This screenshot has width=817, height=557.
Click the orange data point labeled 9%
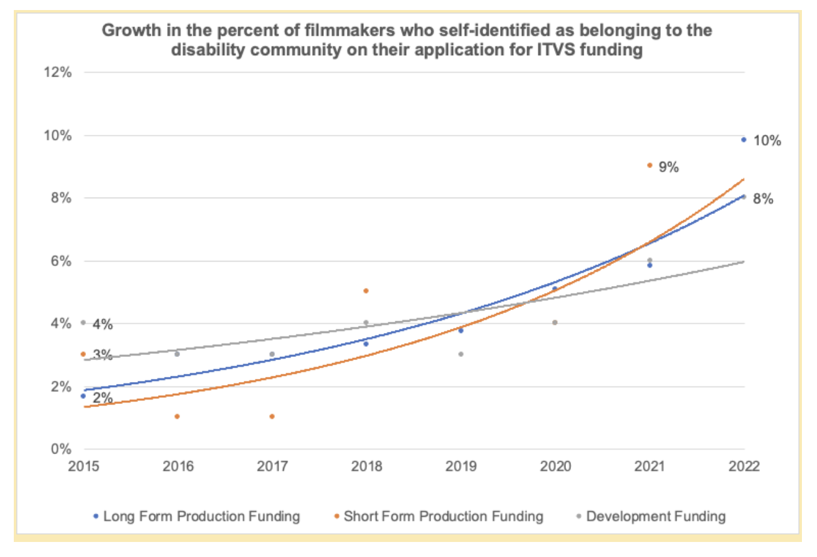click(649, 166)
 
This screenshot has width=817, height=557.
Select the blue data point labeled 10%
click(744, 140)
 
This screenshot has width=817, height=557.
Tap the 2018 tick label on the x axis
click(366, 467)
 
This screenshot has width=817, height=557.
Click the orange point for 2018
click(366, 291)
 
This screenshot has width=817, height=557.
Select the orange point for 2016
click(177, 416)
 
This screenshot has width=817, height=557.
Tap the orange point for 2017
click(272, 416)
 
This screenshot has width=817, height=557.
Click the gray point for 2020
click(555, 322)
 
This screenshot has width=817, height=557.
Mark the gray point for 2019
click(461, 354)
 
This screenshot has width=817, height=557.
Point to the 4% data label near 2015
click(102, 324)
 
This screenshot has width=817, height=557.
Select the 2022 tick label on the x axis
click(744, 467)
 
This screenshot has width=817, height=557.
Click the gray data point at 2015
click(83, 322)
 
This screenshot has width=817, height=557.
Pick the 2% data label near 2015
click(102, 398)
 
